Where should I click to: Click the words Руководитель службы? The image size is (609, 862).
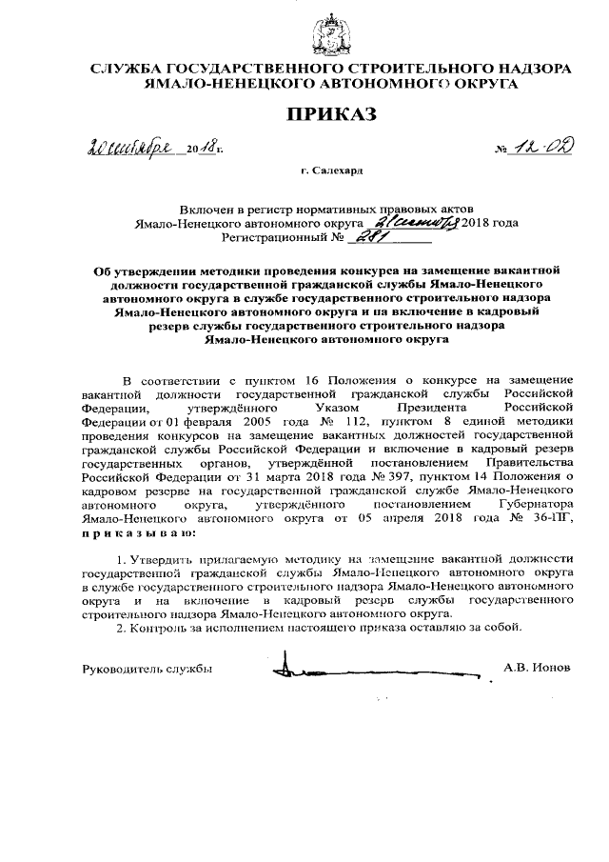(x=147, y=669)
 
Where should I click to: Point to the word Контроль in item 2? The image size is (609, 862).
(x=157, y=628)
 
